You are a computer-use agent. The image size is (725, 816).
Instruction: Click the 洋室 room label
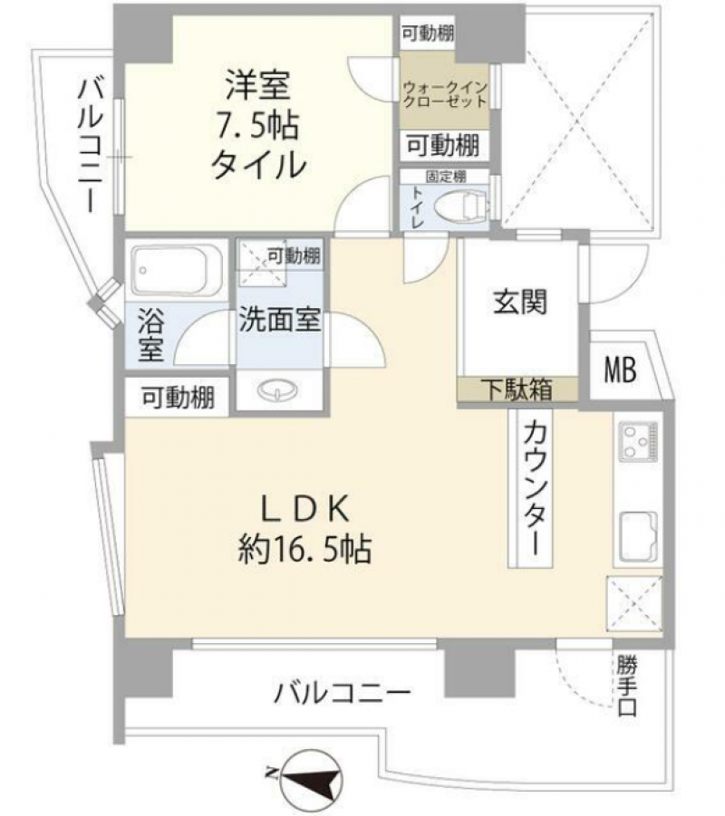point(256,87)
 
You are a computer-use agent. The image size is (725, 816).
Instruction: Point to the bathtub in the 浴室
point(176,269)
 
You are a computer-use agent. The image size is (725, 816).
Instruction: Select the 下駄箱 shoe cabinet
point(517,390)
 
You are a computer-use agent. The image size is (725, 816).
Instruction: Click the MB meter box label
point(621,370)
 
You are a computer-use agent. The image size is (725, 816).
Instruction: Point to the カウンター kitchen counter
point(530,490)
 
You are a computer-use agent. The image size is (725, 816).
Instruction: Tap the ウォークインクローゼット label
point(446,95)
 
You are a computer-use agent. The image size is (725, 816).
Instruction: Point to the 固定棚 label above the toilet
point(446,176)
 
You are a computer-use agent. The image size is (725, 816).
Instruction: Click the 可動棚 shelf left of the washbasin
point(178,398)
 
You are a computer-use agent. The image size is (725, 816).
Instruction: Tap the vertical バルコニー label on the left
point(89,145)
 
